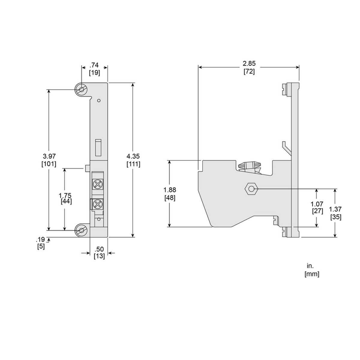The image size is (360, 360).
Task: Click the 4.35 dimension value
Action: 133,156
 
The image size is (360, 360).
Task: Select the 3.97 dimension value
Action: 49,156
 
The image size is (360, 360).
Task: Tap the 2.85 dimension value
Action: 249,64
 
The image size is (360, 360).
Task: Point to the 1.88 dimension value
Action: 169,190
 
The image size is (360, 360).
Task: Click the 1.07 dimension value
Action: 317,204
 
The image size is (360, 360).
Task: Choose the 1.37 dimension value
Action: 335,209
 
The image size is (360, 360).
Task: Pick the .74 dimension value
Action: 94,65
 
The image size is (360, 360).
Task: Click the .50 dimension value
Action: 99,249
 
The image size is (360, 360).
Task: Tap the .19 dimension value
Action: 41,239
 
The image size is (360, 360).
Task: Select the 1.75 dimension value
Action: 65,196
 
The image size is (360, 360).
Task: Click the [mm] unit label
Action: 312,274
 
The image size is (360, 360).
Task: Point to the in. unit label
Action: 310,266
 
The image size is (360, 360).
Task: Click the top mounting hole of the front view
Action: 82,90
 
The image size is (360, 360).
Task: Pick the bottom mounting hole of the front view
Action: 82,230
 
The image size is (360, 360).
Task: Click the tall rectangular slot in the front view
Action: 98,147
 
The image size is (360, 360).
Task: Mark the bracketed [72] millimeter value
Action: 249,72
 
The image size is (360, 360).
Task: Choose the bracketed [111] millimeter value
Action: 133,164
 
